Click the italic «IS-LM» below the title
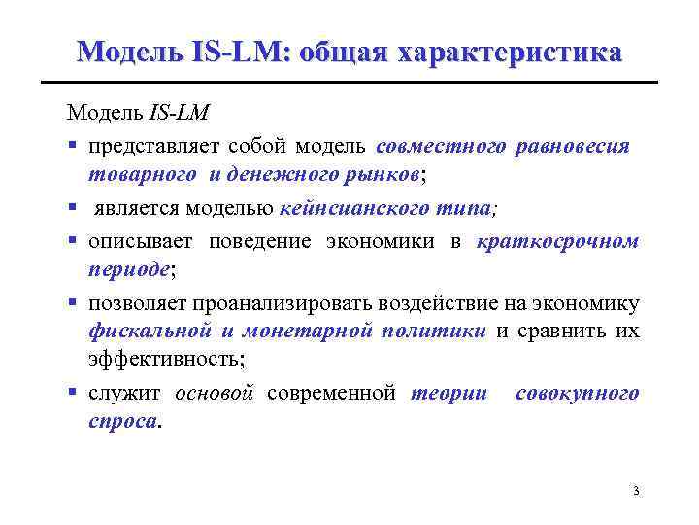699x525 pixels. (x=180, y=114)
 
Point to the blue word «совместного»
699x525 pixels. (x=441, y=145)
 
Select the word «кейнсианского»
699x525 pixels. (x=346, y=207)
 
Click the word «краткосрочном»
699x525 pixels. (x=558, y=241)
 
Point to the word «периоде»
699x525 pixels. (x=127, y=269)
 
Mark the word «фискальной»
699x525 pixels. (x=150, y=331)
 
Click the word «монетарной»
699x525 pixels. (x=305, y=331)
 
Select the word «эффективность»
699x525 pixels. (x=164, y=360)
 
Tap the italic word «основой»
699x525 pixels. (x=215, y=393)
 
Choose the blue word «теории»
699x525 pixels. (x=448, y=393)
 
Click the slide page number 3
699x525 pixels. (x=635, y=490)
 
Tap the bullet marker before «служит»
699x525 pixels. (x=74, y=394)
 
